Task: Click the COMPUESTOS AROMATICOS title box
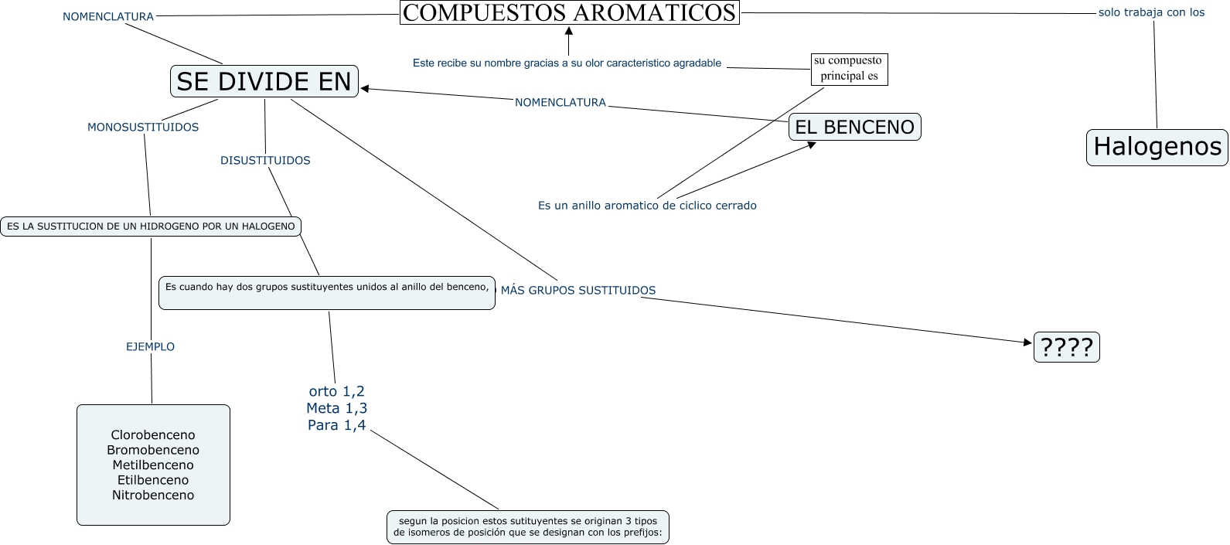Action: (x=570, y=12)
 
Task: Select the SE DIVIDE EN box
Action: (x=264, y=81)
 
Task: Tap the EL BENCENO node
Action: (x=854, y=127)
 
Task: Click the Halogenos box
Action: (x=1157, y=147)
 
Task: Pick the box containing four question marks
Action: (x=1066, y=347)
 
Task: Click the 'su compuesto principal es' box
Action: (x=848, y=69)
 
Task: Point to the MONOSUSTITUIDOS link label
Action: (x=143, y=128)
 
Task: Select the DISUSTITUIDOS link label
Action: (x=265, y=161)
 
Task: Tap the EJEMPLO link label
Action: (x=150, y=347)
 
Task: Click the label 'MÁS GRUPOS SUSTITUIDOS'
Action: (x=578, y=291)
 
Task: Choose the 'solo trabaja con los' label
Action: (x=1151, y=12)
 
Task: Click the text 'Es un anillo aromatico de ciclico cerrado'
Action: (x=647, y=206)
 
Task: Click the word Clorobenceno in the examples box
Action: (x=153, y=435)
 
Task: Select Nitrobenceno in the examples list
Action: (x=153, y=496)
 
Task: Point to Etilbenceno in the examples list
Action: (x=153, y=480)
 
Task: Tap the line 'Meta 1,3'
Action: (x=336, y=408)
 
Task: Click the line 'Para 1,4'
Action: (x=336, y=425)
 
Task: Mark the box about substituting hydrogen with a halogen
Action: (x=151, y=227)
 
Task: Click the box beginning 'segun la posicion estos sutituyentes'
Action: (x=528, y=526)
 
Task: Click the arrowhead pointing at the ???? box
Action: (x=1028, y=342)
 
